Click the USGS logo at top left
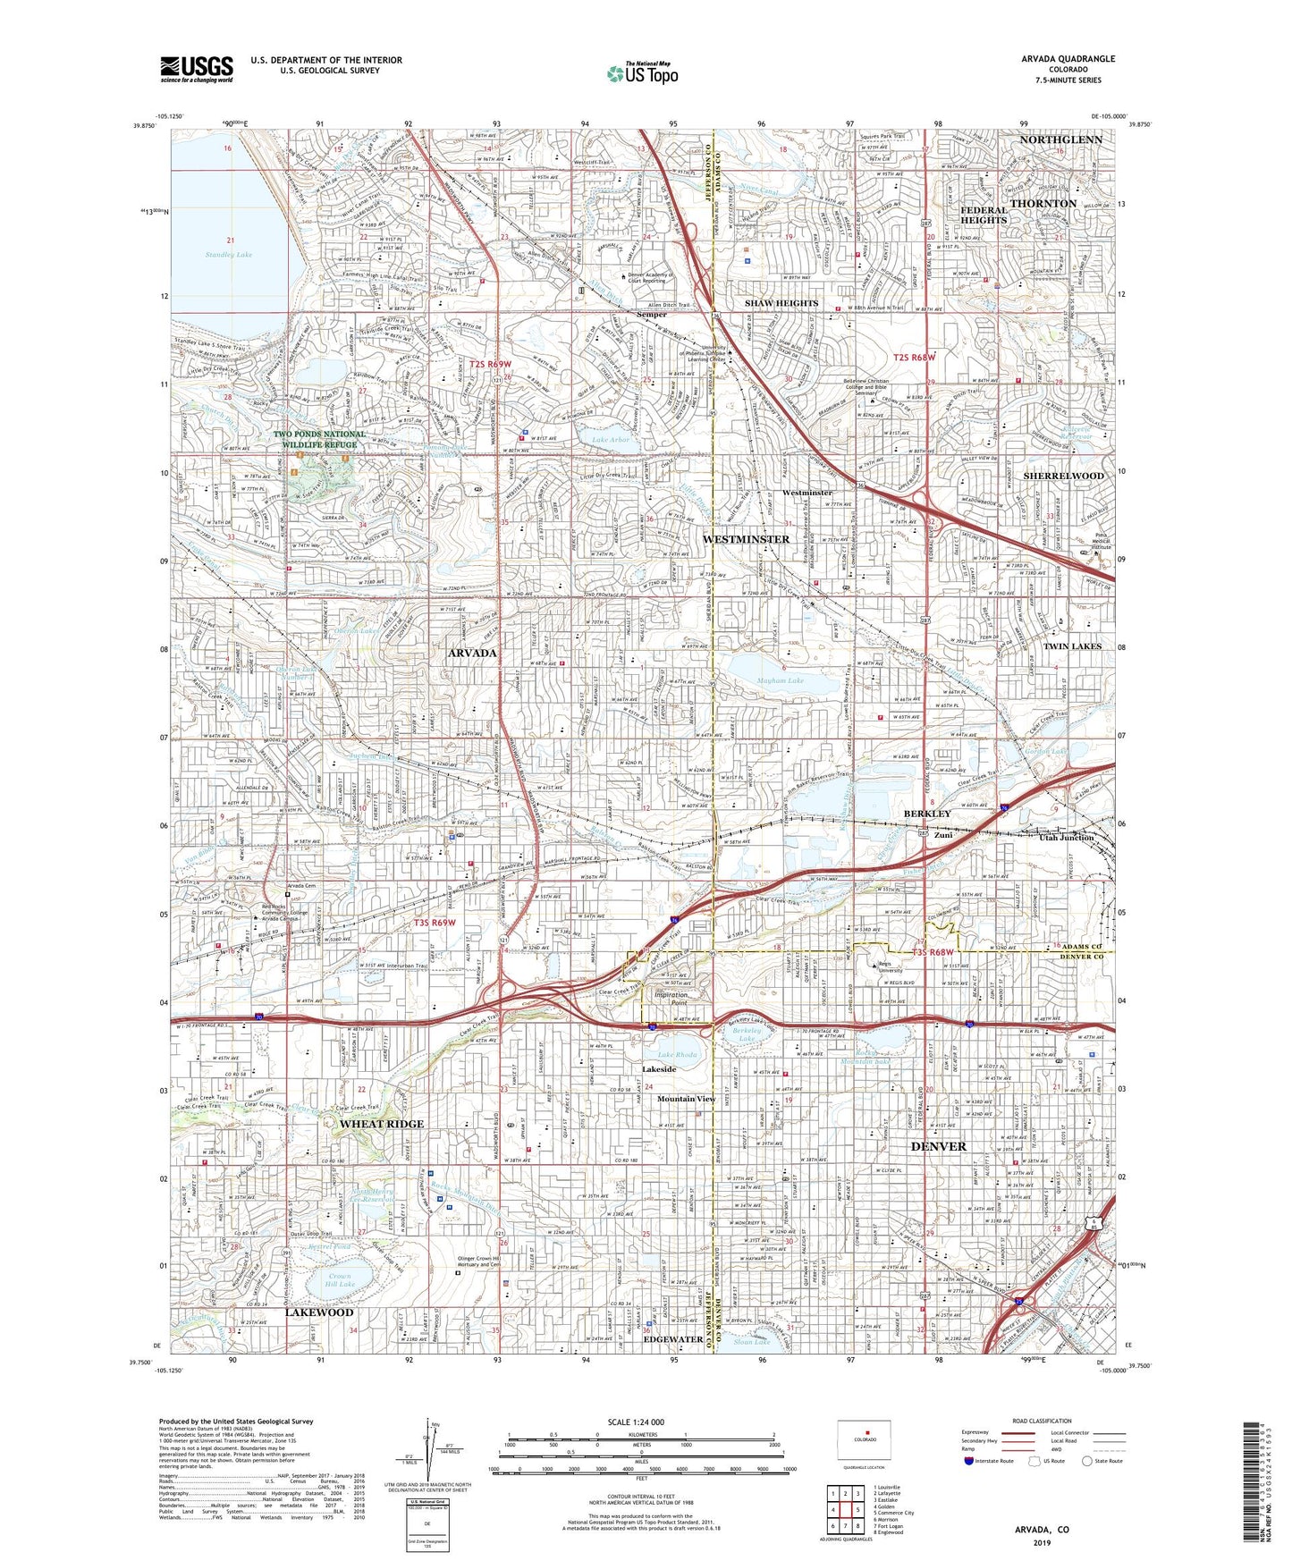196,68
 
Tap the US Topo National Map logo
641,74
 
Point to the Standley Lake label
228,255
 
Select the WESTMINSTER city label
745,539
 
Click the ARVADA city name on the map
472,654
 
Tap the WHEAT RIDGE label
382,1124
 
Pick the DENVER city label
938,1146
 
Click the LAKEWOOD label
319,1312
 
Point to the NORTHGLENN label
1060,140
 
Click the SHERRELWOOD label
1063,476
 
